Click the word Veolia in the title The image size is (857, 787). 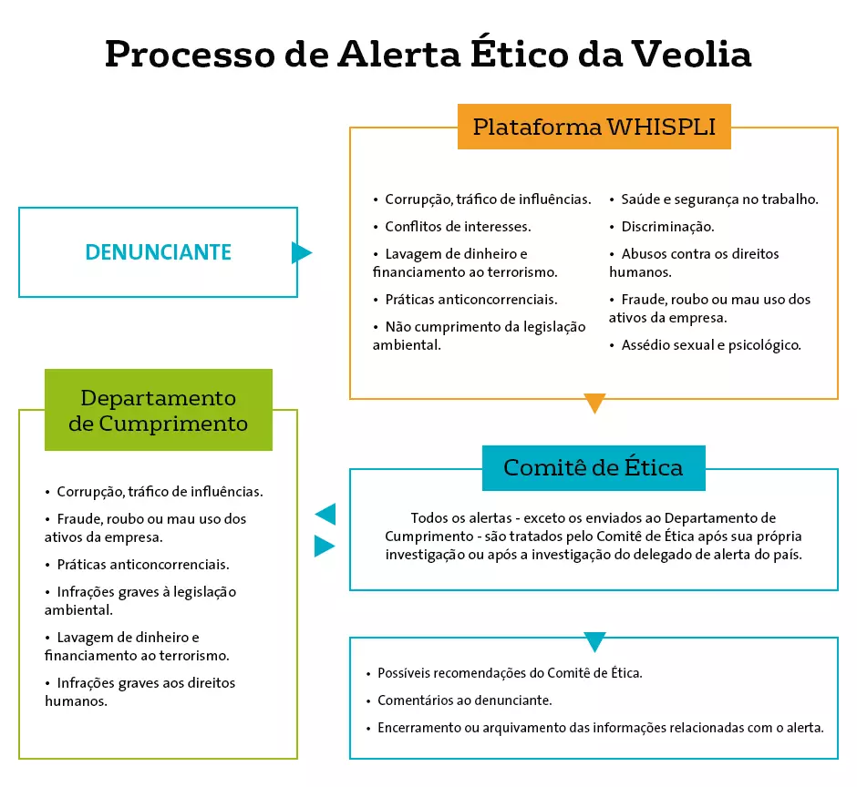pos(691,54)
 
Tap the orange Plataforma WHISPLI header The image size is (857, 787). pos(594,127)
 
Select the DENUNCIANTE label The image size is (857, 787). pos(159,252)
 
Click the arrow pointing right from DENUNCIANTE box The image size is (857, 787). pos(302,252)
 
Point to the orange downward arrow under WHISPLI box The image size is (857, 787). pos(594,403)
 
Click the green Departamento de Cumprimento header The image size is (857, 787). pos(159,410)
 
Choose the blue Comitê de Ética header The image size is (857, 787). pos(594,468)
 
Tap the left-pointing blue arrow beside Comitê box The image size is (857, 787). pos(325,514)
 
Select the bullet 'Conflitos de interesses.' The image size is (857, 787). pos(452,227)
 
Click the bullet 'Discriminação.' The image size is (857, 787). pos(662,227)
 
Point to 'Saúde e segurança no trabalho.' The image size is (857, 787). pos(714,199)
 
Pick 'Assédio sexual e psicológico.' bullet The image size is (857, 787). pos(705,345)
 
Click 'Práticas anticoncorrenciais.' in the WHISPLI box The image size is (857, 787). pos(465,300)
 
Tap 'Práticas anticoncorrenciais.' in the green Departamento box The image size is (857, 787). pos(137,564)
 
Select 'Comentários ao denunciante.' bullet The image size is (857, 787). pos(459,700)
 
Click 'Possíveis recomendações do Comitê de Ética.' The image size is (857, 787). pos(504,673)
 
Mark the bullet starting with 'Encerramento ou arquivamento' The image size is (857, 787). pos(595,728)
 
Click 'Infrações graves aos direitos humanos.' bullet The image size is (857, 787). pos(139,692)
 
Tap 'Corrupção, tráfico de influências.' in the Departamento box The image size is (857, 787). pos(154,492)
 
